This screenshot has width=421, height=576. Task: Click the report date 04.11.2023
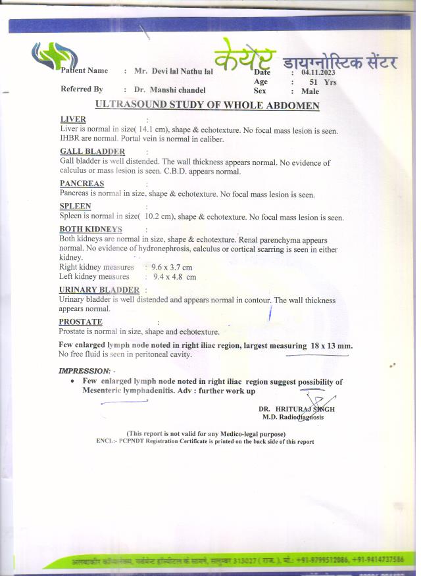tap(318, 73)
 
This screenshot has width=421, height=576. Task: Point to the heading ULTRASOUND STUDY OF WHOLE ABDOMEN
tap(207, 105)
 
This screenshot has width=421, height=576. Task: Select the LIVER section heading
tap(72, 120)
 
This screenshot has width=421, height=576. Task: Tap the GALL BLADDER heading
tap(92, 152)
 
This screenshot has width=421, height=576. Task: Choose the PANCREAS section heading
tap(82, 184)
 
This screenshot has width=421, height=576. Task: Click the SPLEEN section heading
tap(75, 206)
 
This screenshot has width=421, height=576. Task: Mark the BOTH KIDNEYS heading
tap(91, 229)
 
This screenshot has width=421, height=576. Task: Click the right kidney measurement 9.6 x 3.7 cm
tap(172, 268)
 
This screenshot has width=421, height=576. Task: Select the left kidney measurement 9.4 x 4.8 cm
tap(174, 277)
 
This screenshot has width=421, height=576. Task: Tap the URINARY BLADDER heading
tap(99, 290)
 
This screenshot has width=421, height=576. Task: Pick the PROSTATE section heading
tap(80, 322)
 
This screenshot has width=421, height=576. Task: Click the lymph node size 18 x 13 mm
tap(332, 345)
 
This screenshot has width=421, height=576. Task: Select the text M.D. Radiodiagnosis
tap(293, 417)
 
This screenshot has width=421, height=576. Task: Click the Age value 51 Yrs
tap(323, 82)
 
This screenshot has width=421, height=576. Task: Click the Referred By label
tap(82, 89)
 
